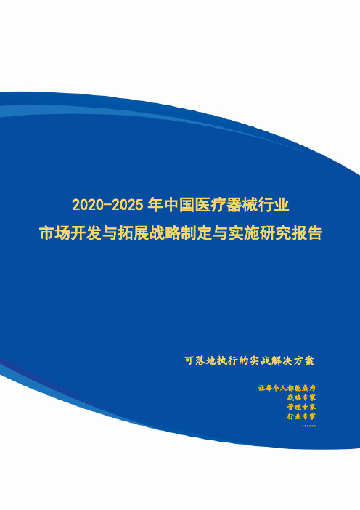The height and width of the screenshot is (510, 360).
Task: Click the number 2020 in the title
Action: point(87,206)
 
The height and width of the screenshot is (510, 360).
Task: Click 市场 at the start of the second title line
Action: point(54,233)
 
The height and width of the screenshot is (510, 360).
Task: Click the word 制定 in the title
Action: point(196,233)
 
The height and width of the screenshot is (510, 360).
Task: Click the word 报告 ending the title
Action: point(306,233)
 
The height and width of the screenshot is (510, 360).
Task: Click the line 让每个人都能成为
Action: point(287,388)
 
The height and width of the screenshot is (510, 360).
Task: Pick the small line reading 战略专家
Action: point(301,397)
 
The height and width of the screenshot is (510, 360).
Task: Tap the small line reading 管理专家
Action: point(301,407)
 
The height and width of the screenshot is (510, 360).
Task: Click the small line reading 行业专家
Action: point(301,416)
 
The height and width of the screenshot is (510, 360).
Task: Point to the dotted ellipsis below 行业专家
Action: point(308,426)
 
